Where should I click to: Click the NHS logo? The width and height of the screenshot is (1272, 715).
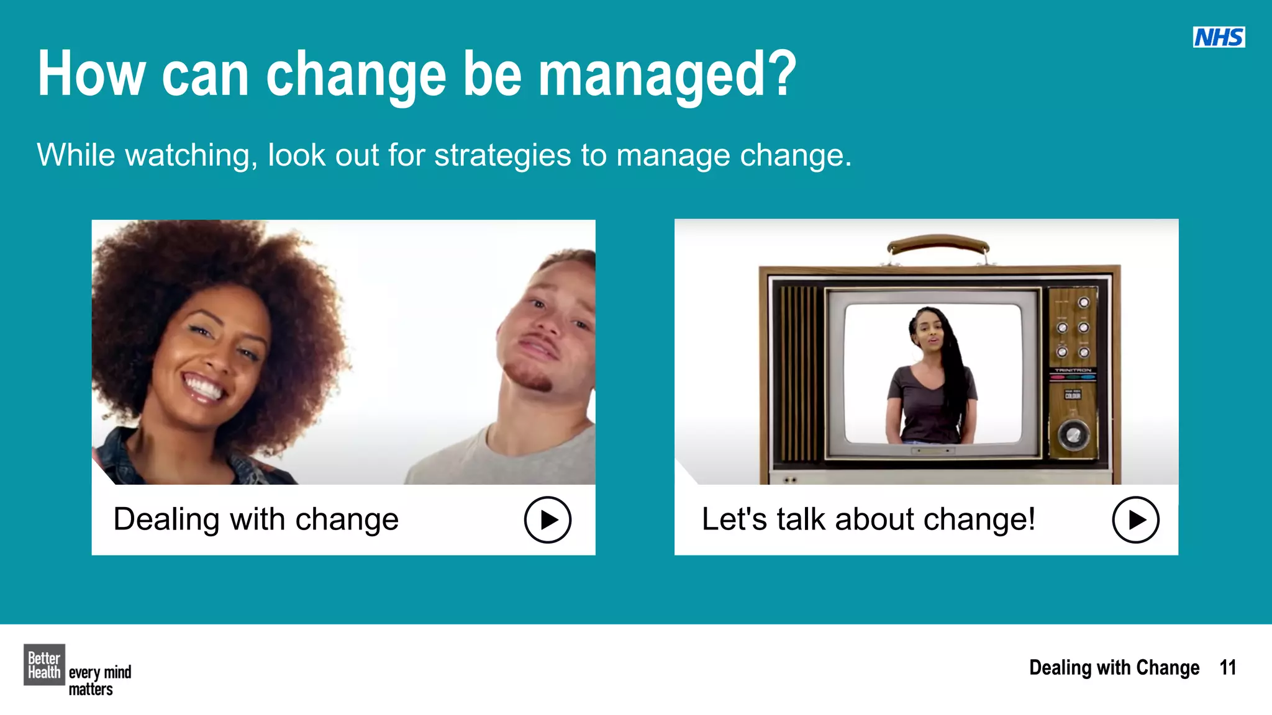click(x=1219, y=37)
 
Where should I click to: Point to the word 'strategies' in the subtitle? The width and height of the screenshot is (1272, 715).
click(x=502, y=155)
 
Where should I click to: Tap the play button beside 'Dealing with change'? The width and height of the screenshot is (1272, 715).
click(x=547, y=519)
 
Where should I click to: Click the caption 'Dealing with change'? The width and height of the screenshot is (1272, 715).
click(x=256, y=519)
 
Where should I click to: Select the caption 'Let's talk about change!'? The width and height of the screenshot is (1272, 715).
click(x=868, y=519)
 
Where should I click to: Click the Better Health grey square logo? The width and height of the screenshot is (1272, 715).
click(x=44, y=665)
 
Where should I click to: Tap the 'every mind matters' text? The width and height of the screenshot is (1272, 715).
click(x=99, y=680)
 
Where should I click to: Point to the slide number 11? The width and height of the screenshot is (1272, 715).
click(x=1227, y=668)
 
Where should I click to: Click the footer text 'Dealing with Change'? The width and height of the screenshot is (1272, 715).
click(x=1114, y=668)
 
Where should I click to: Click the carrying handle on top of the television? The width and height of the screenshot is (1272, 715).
click(x=938, y=244)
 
